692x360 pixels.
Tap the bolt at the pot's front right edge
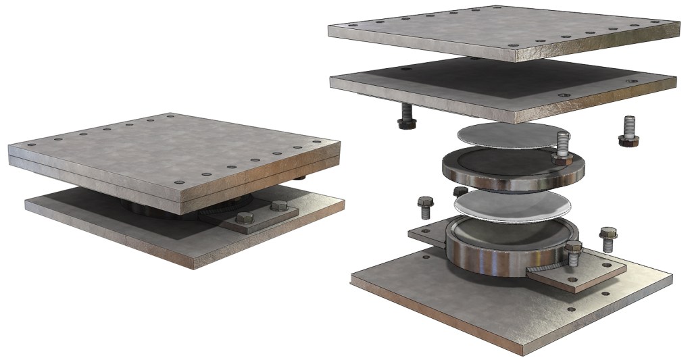[574, 253]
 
